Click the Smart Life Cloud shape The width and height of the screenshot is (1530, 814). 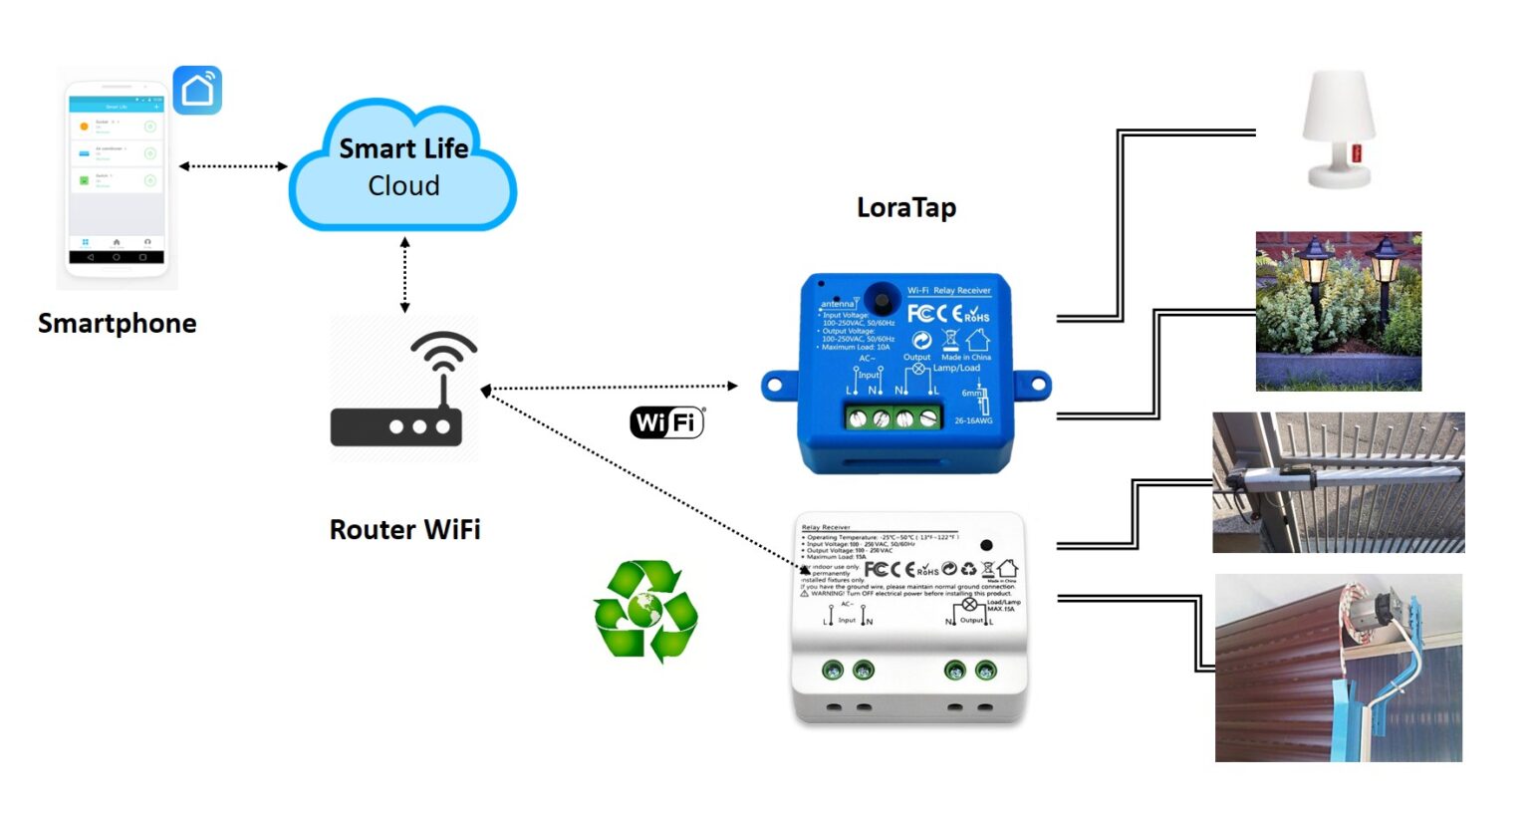click(x=402, y=167)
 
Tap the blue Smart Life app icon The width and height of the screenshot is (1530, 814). click(x=197, y=91)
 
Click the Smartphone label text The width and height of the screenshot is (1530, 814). click(x=117, y=324)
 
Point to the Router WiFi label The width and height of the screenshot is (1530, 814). click(x=404, y=529)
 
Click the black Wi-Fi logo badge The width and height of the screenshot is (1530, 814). click(x=666, y=422)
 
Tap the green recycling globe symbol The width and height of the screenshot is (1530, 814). click(x=645, y=610)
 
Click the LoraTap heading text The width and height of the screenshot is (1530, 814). click(x=905, y=207)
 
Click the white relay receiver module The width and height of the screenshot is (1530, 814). click(x=908, y=618)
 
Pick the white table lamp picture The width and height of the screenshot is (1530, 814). click(x=1339, y=130)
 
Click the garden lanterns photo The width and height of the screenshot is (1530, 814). click(x=1338, y=311)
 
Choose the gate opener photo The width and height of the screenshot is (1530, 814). click(x=1338, y=482)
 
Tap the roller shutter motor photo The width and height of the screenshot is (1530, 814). click(x=1338, y=668)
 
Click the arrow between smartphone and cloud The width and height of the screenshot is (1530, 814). click(x=233, y=166)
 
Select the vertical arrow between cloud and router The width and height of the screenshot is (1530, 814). click(x=404, y=275)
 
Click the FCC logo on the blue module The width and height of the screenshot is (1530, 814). click(x=920, y=314)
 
